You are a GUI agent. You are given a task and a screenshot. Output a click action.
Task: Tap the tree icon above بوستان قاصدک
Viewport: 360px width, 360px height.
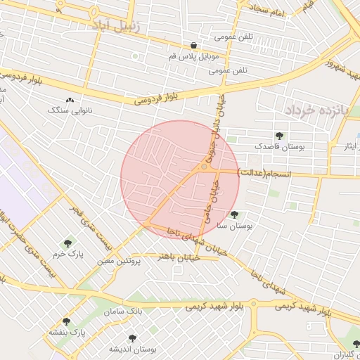(x=280, y=136)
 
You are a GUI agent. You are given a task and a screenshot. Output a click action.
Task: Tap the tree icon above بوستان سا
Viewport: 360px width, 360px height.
(x=234, y=215)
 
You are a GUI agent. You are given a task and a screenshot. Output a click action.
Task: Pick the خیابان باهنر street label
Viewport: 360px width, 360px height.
(x=180, y=257)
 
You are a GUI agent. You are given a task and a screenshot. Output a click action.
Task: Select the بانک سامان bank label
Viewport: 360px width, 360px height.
(x=123, y=310)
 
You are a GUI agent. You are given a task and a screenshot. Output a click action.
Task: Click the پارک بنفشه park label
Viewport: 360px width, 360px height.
(x=67, y=331)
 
